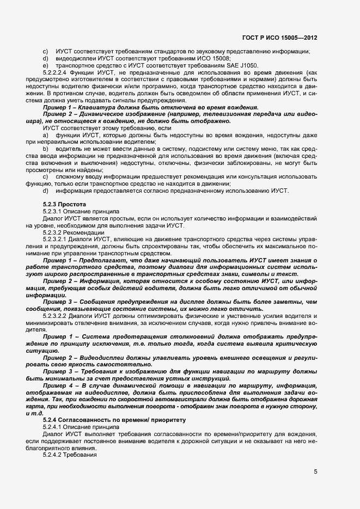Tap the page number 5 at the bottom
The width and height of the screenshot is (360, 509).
(315, 471)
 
